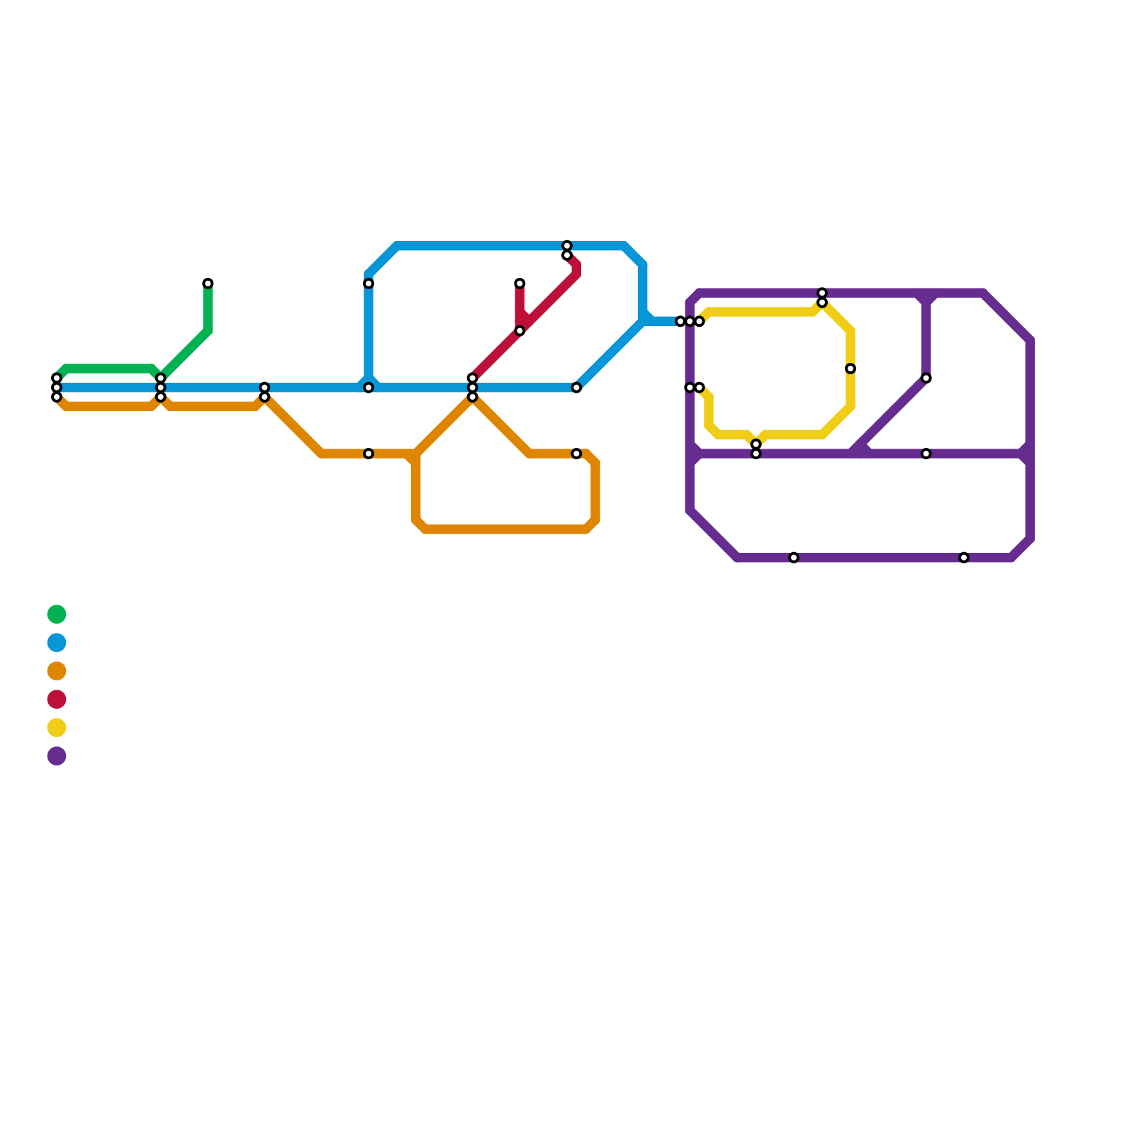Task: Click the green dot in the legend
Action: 57,614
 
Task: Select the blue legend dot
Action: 57,643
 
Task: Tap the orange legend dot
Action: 57,670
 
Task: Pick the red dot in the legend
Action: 57,700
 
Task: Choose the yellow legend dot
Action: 57,727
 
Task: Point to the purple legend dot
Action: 57,756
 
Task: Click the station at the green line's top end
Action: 208,283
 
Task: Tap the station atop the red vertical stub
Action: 520,283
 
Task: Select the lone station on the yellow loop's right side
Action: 850,369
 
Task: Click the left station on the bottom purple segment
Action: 794,558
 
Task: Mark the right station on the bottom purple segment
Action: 964,558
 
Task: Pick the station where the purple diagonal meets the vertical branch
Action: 926,378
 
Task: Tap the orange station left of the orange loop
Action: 369,454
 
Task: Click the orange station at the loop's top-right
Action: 576,454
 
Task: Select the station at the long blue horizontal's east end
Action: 576,388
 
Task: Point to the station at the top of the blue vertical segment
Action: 369,283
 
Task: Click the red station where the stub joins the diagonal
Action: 520,331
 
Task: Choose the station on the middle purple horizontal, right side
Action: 926,454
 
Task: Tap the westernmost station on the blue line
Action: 57,388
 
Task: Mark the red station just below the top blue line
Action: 567,255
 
